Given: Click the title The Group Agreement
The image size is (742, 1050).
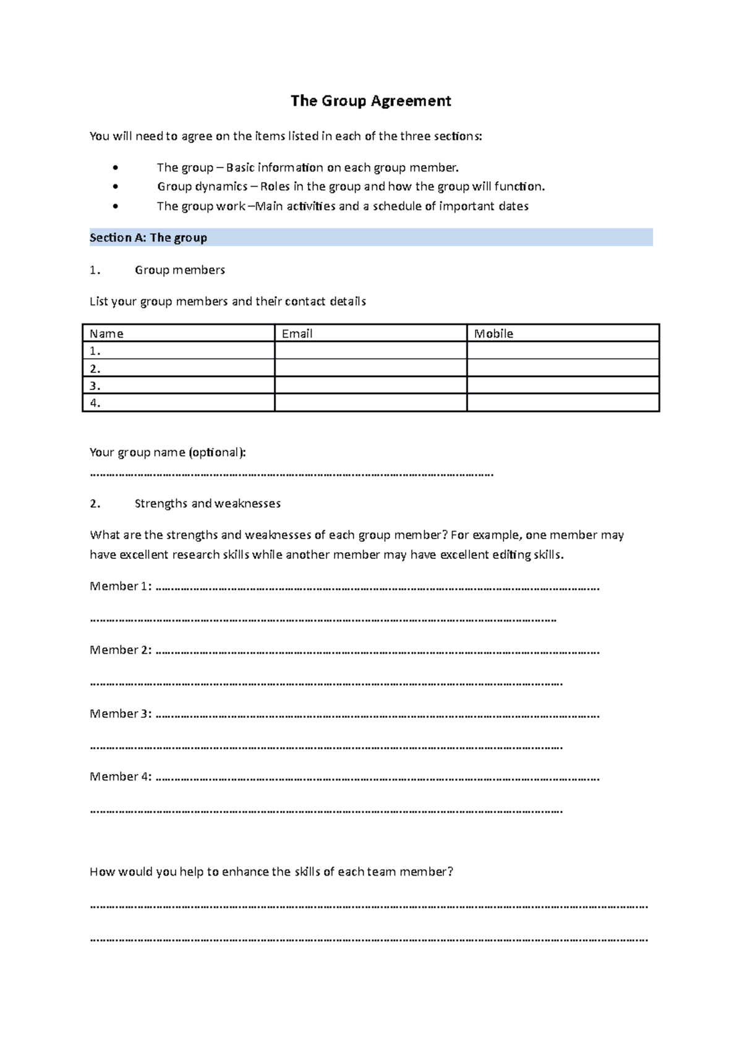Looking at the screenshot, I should point(371,101).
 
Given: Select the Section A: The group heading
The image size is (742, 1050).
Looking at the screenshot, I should point(148,238).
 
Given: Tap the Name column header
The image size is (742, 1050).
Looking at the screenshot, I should point(106,334).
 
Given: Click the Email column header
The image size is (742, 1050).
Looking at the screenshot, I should point(297,334).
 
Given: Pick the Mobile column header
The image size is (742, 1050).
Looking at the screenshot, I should point(493,334).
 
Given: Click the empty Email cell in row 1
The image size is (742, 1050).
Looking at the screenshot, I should point(370,351).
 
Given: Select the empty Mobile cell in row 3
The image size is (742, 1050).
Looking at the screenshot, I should point(563,386).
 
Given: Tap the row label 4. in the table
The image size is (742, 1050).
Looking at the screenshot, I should point(95,403).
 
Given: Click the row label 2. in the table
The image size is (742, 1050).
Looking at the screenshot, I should point(95,369).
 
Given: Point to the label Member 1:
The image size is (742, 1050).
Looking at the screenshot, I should point(121,586).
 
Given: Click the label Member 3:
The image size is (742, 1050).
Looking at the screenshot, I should point(121,714).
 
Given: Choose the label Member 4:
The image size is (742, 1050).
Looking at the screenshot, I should point(121,777).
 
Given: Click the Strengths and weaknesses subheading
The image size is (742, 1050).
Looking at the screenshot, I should point(207,504).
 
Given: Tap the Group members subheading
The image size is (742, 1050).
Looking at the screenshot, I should point(179,270).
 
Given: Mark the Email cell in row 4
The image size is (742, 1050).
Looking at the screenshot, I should point(370,403).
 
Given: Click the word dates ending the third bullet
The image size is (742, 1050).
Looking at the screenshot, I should point(514,207).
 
